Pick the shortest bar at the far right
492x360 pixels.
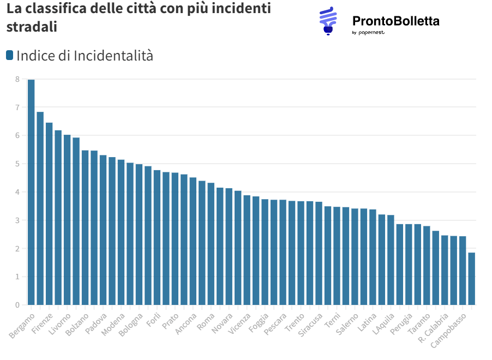click(471, 278)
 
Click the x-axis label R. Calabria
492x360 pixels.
click(434, 327)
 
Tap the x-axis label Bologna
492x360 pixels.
click(131, 325)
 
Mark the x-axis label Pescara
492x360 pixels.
click(275, 325)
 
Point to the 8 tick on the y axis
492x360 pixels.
click(17, 79)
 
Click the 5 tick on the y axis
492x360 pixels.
click(17, 164)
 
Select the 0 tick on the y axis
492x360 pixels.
click(17, 305)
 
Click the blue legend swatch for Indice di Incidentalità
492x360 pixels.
click(9, 55)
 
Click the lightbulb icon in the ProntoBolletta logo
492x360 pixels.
click(328, 21)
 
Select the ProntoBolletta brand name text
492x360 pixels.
click(395, 21)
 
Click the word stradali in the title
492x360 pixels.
click(32, 27)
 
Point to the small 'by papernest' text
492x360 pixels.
click(368, 33)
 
